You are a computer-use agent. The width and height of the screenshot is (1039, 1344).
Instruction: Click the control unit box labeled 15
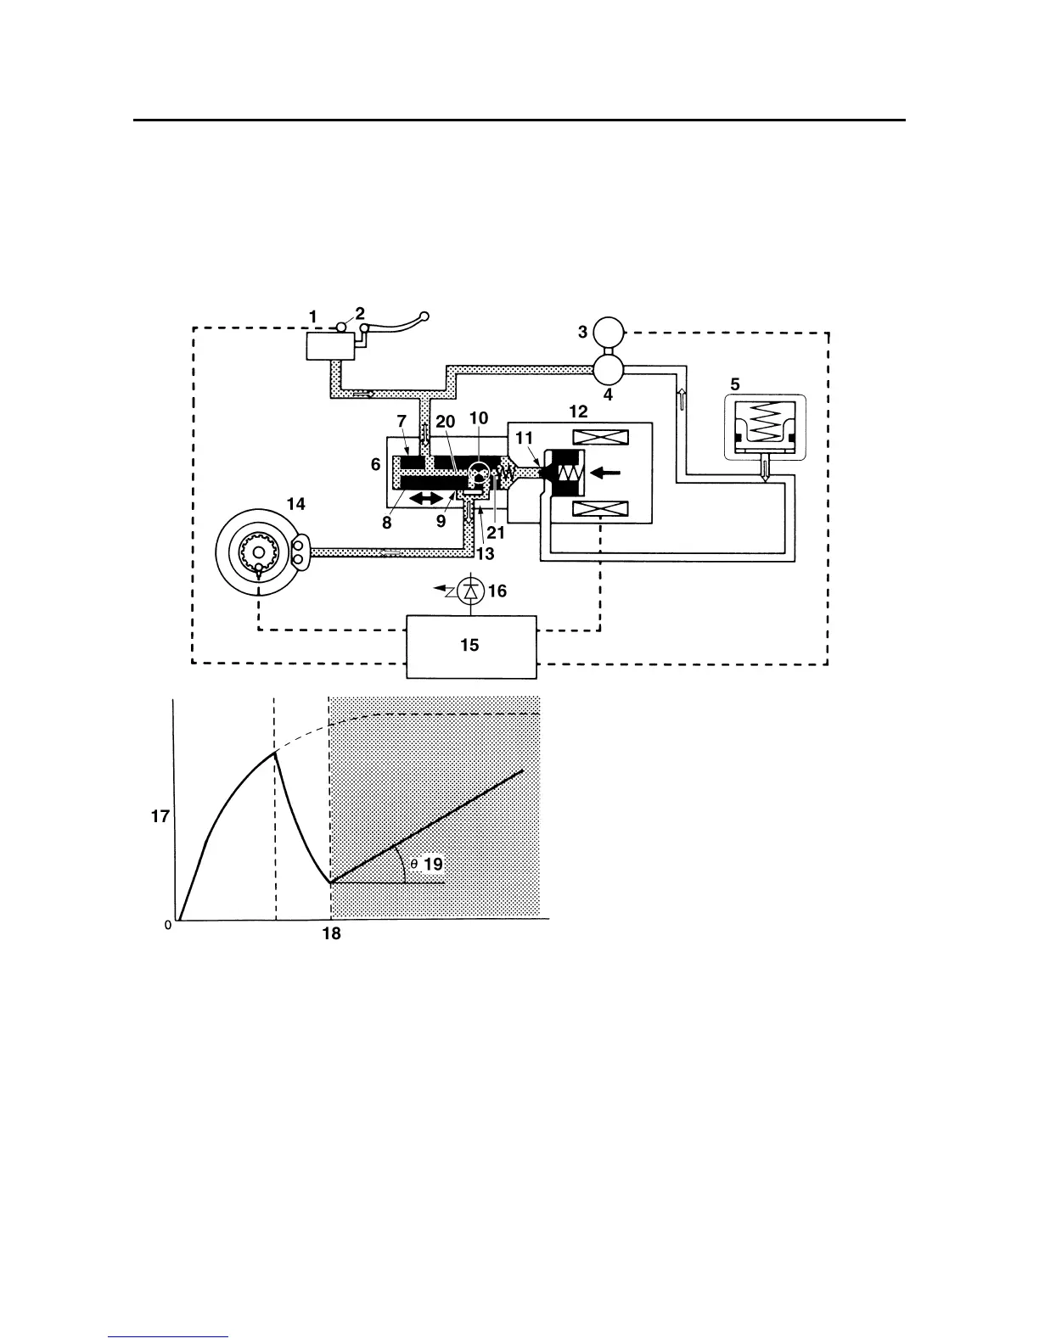(x=471, y=646)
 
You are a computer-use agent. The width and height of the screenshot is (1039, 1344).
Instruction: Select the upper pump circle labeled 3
(x=608, y=330)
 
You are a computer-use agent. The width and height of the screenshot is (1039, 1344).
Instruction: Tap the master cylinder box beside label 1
(x=330, y=346)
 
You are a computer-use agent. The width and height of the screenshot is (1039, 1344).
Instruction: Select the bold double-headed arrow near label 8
(x=426, y=501)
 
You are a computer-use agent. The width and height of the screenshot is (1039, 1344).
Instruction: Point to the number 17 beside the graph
(x=160, y=816)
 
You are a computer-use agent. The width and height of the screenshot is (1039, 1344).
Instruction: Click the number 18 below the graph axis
(x=331, y=934)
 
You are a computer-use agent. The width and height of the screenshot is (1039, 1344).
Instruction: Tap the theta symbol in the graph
(x=413, y=864)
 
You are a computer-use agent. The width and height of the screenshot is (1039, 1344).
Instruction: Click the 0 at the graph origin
(x=168, y=925)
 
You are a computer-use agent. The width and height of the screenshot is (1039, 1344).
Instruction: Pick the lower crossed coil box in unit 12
(x=600, y=509)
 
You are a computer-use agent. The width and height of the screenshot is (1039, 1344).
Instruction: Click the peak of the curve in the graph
(x=274, y=753)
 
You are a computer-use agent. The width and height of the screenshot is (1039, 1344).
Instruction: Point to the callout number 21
(x=496, y=535)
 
